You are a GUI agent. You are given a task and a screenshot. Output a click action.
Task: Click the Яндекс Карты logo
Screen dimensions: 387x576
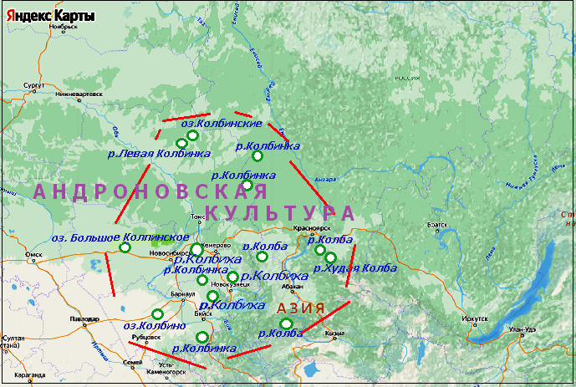pos(48,15)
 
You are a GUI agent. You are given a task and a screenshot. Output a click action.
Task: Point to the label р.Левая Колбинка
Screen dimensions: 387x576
pos(159,153)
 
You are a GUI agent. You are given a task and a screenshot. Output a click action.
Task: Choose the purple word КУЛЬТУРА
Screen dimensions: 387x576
pos(280,212)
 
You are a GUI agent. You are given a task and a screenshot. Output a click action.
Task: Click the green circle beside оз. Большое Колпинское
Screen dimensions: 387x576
pos(125,247)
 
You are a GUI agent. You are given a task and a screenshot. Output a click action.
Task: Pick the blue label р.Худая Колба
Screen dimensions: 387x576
pos(354,268)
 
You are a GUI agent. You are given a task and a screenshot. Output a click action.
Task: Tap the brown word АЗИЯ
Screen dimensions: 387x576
pos(300,308)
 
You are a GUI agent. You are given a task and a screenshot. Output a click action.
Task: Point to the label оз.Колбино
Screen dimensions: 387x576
pos(154,326)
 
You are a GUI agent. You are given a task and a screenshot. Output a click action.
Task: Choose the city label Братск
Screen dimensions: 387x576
pos(439,225)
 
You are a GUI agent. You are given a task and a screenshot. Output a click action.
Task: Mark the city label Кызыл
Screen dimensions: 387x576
pos(335,333)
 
